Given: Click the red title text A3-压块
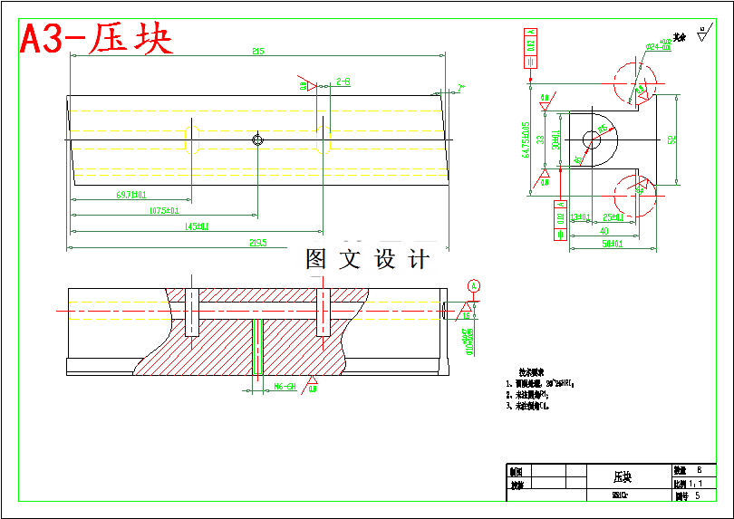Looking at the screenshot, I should [x=96, y=39].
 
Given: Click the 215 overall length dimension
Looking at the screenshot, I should [x=258, y=52].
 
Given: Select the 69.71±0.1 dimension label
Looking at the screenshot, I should [x=132, y=194].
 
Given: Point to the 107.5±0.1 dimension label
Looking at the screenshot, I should [x=164, y=210].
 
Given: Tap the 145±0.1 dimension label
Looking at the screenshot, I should [x=197, y=226].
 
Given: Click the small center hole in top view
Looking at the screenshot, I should [x=257, y=139].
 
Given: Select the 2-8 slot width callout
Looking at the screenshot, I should [x=343, y=82].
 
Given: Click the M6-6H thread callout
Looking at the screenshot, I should [x=285, y=387].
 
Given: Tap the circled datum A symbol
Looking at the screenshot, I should [x=473, y=286].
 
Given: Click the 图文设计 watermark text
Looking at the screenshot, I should [x=368, y=260].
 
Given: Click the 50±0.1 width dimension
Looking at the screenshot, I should [x=604, y=244].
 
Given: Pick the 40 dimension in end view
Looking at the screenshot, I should [x=604, y=230].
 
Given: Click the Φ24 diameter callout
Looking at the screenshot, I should [x=658, y=44].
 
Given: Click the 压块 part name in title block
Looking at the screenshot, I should [x=623, y=476].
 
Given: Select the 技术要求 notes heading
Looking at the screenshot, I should [x=530, y=372].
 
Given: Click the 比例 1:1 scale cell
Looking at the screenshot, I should [x=693, y=484].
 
